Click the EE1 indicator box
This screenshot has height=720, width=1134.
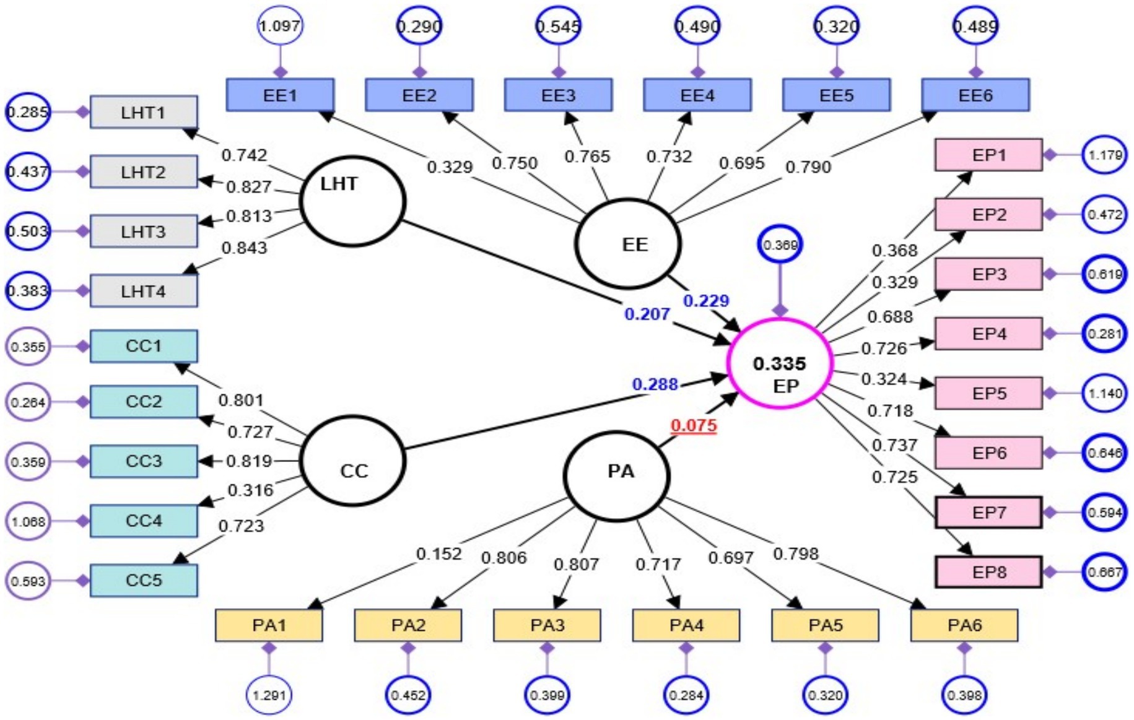[280, 95]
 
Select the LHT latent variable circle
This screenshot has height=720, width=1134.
[352, 201]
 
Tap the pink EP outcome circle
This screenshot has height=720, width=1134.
[780, 363]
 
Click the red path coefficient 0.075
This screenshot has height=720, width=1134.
[694, 425]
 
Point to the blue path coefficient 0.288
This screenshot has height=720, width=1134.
[655, 384]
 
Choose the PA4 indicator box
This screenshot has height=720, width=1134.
[686, 625]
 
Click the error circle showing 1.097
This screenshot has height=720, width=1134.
[280, 26]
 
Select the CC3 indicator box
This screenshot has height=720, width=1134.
[144, 461]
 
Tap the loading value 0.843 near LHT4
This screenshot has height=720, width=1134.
[244, 248]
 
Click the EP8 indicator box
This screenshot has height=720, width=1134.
[988, 572]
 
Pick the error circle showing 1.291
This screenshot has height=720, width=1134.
[269, 695]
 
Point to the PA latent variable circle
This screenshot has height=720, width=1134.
[617, 475]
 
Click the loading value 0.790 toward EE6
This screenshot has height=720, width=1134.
[808, 167]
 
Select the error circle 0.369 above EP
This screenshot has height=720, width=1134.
[780, 245]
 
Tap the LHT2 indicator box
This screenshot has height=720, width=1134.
[144, 171]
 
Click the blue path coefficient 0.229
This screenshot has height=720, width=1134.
[705, 301]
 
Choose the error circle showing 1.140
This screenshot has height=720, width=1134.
[1105, 393]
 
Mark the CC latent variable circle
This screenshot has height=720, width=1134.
[352, 461]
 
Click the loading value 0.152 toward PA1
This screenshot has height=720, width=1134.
[438, 553]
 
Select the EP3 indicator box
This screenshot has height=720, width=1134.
[988, 274]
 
